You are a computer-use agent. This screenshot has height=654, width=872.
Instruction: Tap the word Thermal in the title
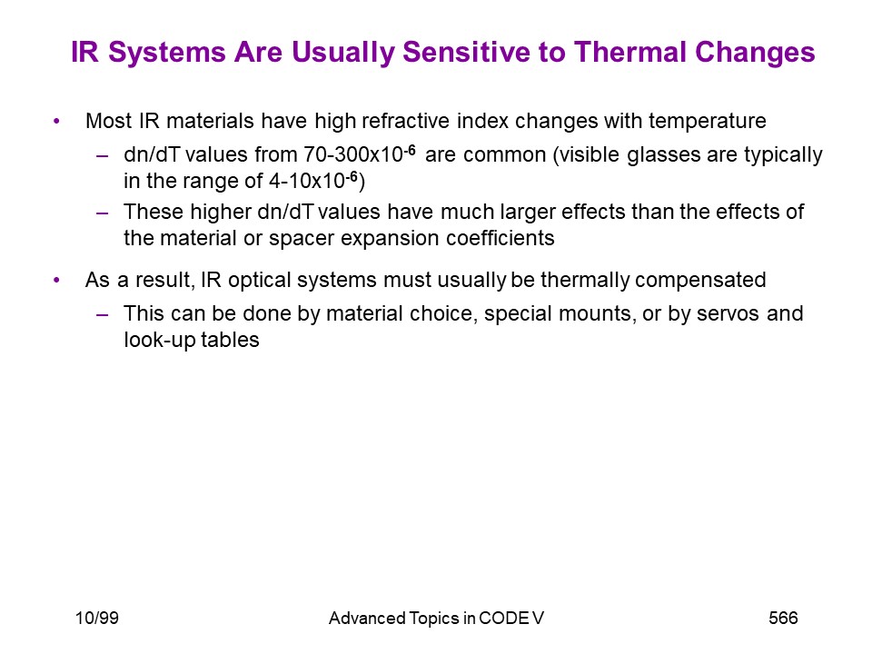630,52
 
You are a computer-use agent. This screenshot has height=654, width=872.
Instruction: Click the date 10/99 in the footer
97,618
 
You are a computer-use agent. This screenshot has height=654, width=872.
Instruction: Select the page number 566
783,618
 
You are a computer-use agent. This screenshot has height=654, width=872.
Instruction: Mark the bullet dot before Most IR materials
56,121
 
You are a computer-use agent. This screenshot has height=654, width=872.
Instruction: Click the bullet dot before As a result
56,281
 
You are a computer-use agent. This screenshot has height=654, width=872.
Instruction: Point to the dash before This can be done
103,315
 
